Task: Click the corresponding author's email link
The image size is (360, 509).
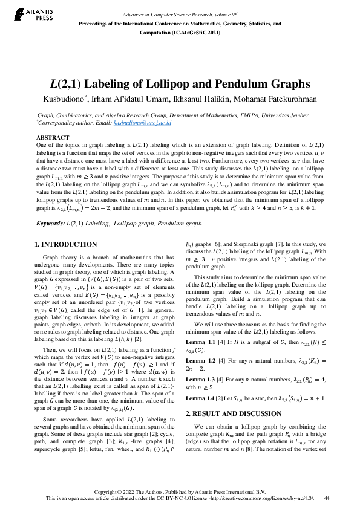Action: click(143, 122)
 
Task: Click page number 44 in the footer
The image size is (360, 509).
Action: click(327, 498)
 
